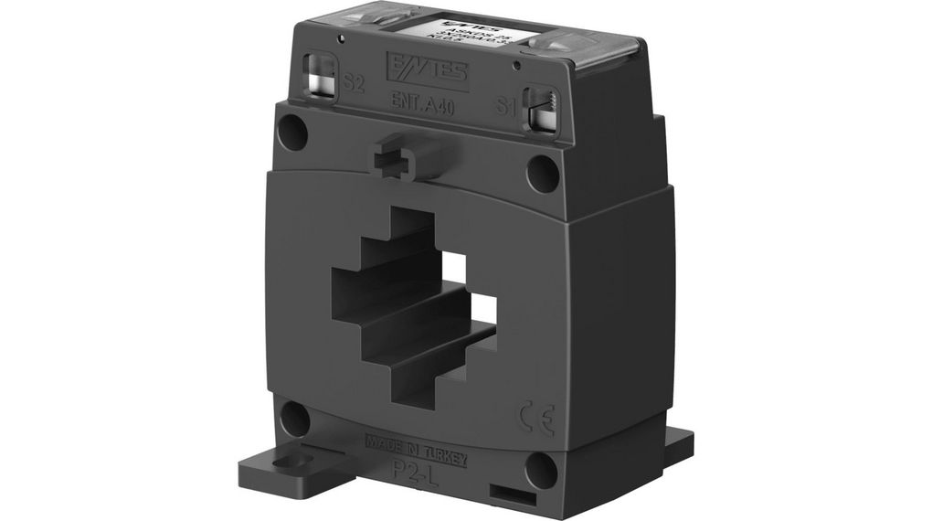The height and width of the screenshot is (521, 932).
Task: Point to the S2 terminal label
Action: coord(355,85)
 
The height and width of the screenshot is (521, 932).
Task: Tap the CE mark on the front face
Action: coord(535,411)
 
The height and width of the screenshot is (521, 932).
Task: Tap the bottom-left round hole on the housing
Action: coord(294,419)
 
